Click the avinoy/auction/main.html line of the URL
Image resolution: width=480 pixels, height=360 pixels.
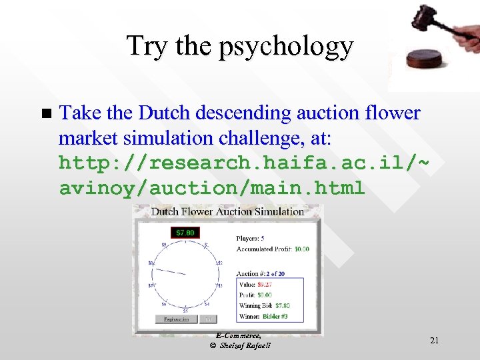point(212,188)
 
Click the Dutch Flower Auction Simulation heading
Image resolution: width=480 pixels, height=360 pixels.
point(227,212)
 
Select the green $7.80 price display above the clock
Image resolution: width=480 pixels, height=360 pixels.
point(185,233)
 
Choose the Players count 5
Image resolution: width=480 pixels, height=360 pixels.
point(263,238)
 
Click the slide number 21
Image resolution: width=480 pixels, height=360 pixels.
point(434,341)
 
